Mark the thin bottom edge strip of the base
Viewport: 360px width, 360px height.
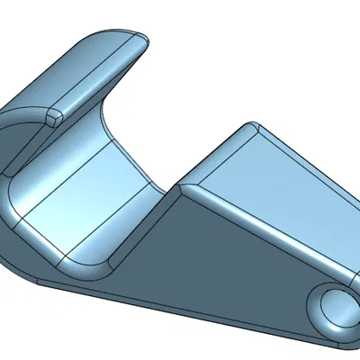pyautogui.click(x=180, y=310)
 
